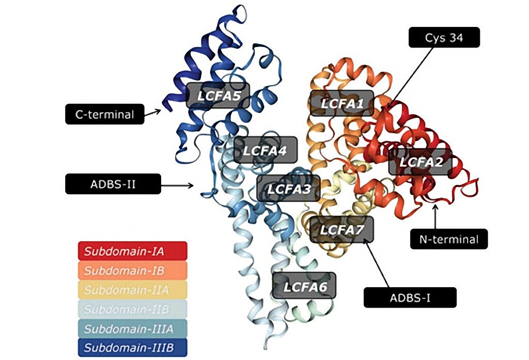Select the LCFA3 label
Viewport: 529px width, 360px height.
(x=288, y=188)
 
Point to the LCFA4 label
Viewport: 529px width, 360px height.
(x=266, y=150)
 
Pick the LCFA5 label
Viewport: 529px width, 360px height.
(x=217, y=95)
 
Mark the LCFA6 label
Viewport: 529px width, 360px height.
(x=304, y=285)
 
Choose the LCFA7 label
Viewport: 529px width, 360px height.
(x=340, y=229)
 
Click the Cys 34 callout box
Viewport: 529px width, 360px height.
(x=444, y=38)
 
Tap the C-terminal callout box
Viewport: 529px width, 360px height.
(x=104, y=114)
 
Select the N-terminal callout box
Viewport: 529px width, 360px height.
(x=449, y=239)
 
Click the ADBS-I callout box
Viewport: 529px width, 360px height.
(x=410, y=298)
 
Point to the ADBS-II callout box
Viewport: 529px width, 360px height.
(x=113, y=184)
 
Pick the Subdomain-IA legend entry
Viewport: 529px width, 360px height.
(x=132, y=252)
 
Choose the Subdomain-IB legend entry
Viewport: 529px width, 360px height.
(x=132, y=271)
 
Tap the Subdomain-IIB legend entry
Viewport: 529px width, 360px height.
(x=132, y=309)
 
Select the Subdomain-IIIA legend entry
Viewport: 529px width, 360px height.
(x=132, y=328)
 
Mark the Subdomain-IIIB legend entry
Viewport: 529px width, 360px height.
(x=132, y=347)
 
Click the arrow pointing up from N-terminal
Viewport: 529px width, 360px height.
(x=435, y=217)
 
